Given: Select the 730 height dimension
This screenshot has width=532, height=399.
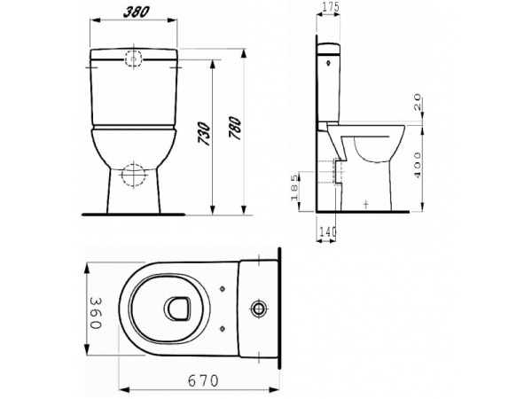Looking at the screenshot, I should coord(205,136).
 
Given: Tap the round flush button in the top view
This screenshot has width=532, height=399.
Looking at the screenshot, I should coord(259,309).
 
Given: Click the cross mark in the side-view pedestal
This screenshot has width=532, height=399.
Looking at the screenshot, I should coord(366,203).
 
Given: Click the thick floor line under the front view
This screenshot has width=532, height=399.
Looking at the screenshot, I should coord(133,214).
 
